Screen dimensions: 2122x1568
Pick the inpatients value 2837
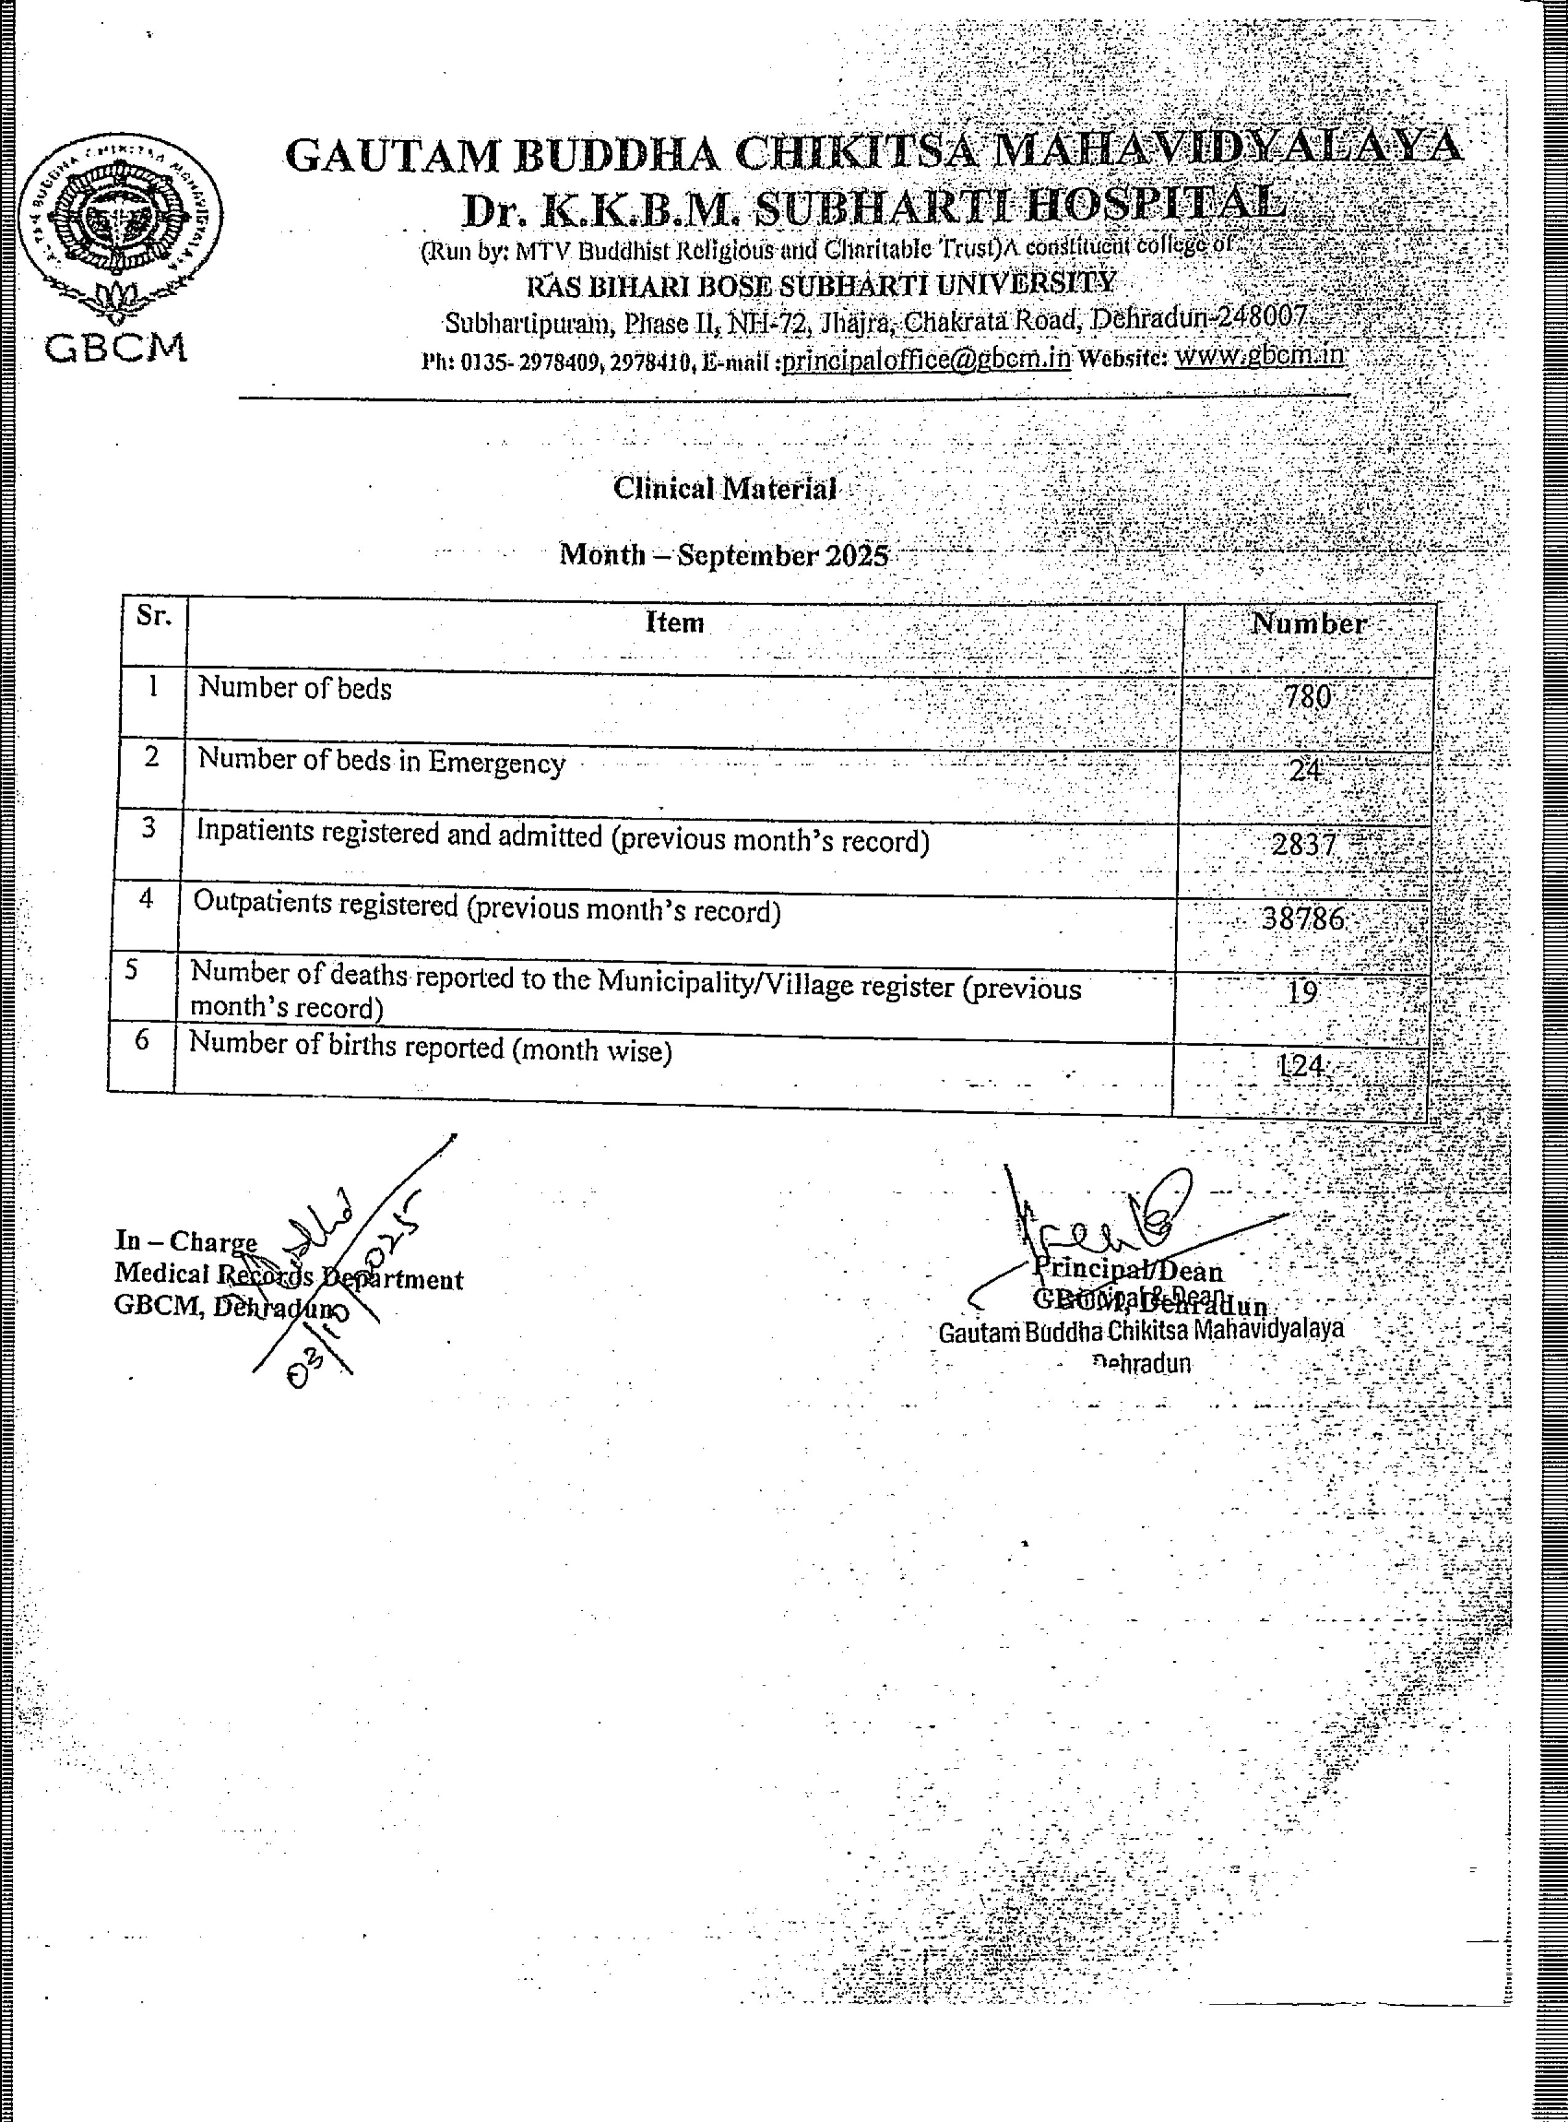point(1304,843)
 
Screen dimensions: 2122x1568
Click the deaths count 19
point(1302,992)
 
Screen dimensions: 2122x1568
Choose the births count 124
point(1301,1066)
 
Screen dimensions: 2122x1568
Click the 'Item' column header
point(674,622)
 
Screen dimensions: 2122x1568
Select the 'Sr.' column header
point(154,616)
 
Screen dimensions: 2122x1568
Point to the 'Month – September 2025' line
point(723,553)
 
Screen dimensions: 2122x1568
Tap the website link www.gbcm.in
point(1259,355)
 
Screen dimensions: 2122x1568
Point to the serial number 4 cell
point(146,898)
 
